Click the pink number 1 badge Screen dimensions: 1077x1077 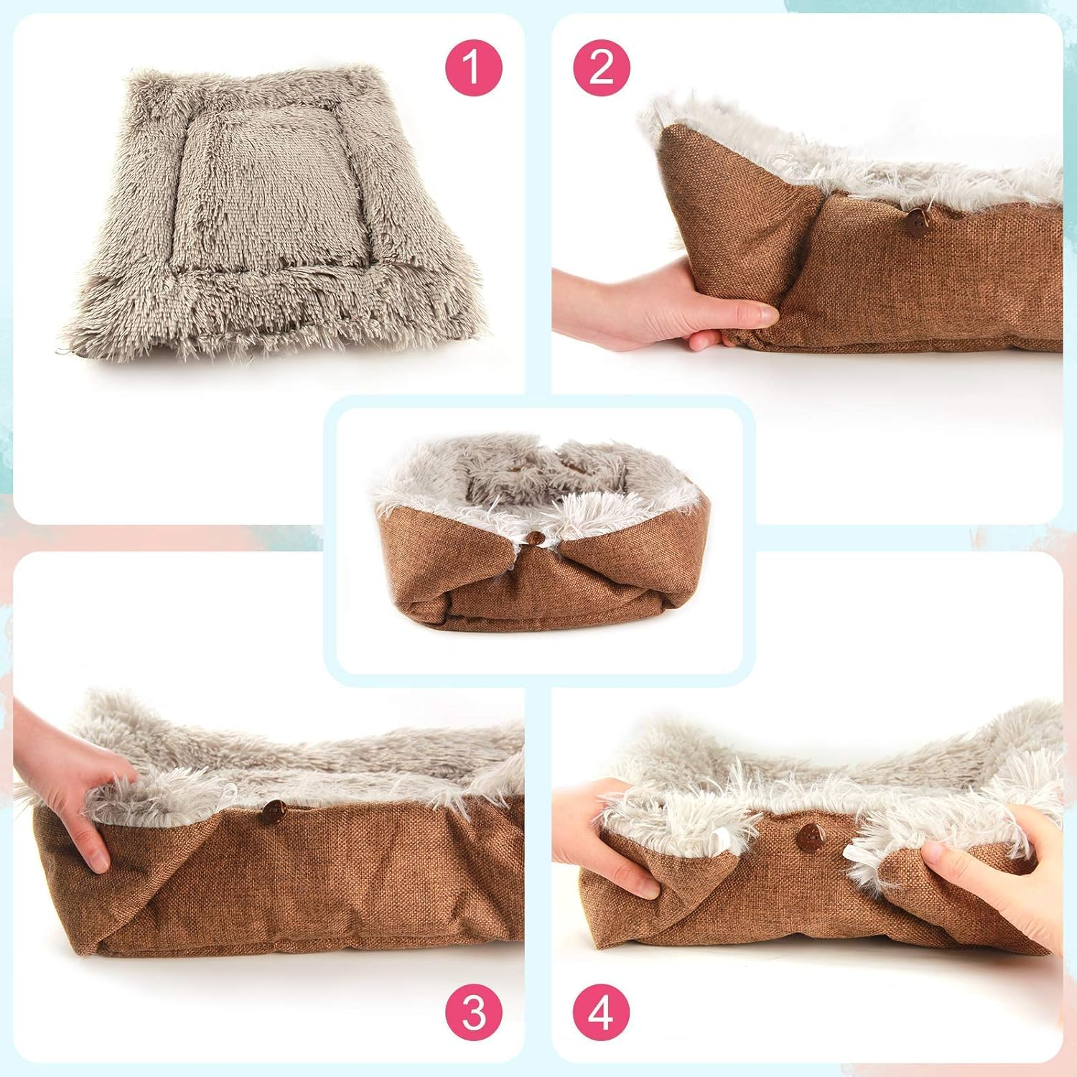pyautogui.click(x=472, y=68)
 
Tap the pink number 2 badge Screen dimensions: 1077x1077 pyautogui.click(x=602, y=68)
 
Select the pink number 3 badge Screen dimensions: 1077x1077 pyautogui.click(x=473, y=1012)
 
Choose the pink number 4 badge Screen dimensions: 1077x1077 pyautogui.click(x=602, y=1012)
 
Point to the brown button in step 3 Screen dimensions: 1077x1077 pyautogui.click(x=271, y=812)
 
